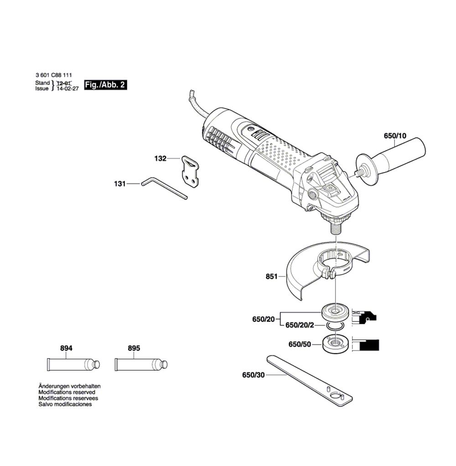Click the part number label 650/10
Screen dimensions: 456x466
[395, 136]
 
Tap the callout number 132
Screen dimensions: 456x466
[160, 158]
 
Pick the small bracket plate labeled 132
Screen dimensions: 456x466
[190, 172]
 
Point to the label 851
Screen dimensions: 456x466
[271, 277]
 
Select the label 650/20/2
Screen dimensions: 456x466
[299, 325]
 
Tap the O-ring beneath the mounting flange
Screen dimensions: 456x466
[335, 326]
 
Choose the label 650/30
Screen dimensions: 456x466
[253, 375]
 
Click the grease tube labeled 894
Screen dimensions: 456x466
[73, 365]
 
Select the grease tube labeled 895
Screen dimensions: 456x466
[141, 365]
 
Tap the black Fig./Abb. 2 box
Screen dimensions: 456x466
[105, 85]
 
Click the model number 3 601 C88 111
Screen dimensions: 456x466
[54, 75]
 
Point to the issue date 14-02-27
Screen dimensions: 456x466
[67, 89]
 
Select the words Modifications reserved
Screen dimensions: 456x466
[67, 393]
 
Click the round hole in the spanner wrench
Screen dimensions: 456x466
[335, 396]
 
